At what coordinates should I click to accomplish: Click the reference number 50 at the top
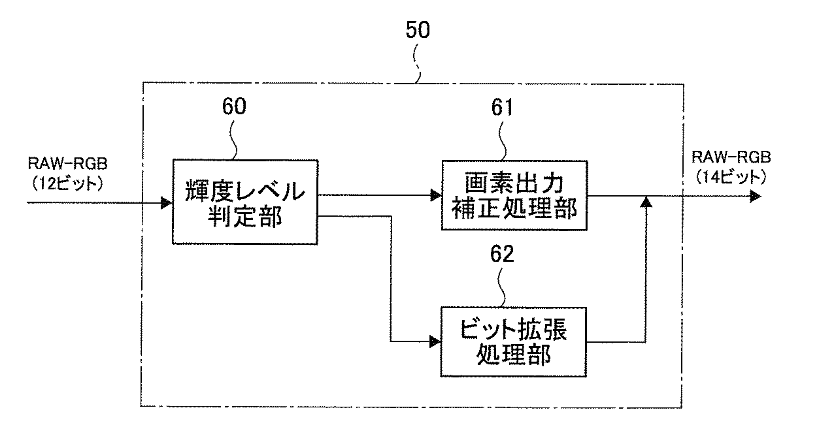tap(418, 30)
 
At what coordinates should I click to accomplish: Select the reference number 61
tap(502, 107)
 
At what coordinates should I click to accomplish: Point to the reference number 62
tap(502, 254)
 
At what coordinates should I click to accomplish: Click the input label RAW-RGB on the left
tap(68, 164)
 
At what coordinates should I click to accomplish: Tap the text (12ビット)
tap(67, 184)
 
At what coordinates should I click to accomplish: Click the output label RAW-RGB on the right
tap(731, 157)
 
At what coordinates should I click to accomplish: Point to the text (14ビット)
tap(731, 177)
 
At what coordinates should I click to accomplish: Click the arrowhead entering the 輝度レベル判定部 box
tap(166, 203)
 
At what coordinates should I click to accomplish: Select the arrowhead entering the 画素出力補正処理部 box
tap(435, 195)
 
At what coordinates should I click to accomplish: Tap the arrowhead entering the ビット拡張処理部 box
tap(435, 341)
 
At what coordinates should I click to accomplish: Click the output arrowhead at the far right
tap(756, 196)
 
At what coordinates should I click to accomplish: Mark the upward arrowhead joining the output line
tap(646, 202)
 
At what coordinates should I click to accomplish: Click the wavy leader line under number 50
tap(417, 63)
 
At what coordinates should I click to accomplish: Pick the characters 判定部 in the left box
tap(244, 216)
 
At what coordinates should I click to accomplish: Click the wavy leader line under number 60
tap(233, 140)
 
